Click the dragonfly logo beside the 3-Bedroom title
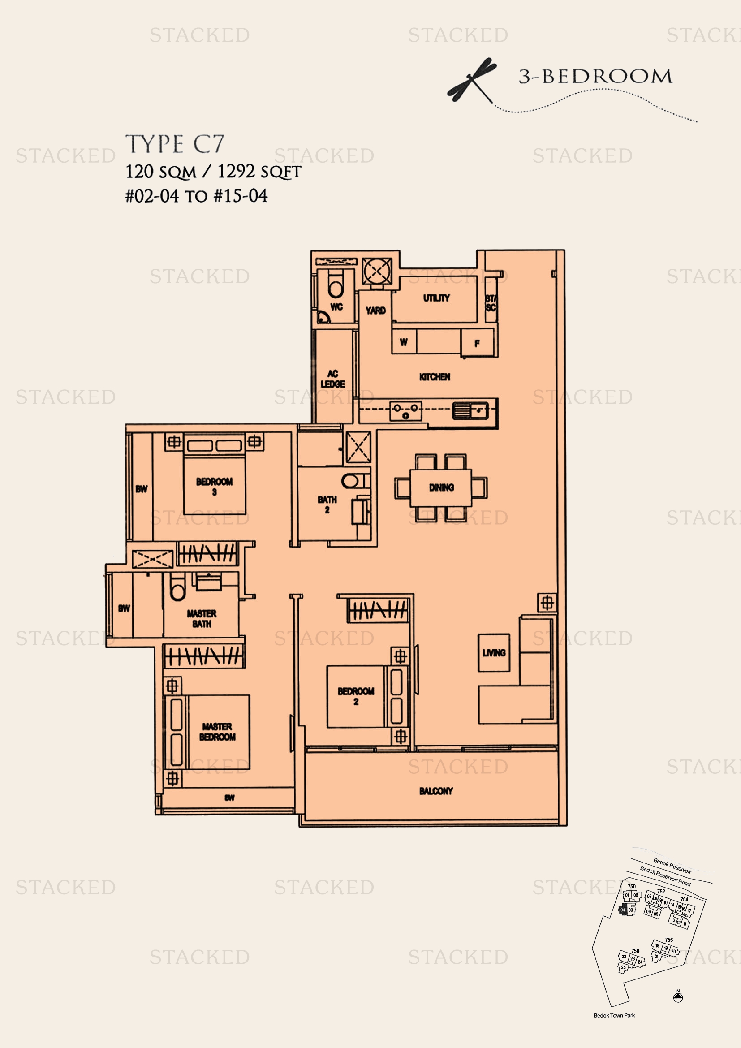472,79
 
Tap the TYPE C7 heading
175,144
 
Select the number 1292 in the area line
236,172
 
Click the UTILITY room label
436,298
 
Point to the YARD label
375,311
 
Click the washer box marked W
404,342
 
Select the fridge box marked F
477,343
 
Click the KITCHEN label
435,377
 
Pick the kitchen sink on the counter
470,410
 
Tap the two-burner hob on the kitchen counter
405,411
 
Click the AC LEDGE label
332,379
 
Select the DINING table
441,488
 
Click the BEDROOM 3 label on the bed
215,487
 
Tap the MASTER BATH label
201,618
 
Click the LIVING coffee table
494,653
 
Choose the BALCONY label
436,791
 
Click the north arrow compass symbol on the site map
678,997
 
